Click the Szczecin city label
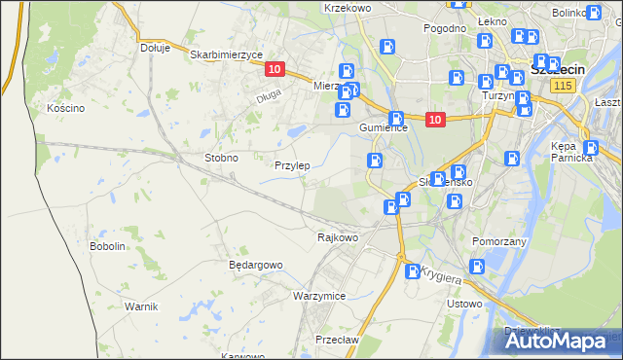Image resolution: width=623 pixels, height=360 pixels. pyautogui.click(x=555, y=71)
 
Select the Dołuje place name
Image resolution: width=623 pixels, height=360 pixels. pyautogui.click(x=155, y=47)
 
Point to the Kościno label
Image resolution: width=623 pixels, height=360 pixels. pyautogui.click(x=66, y=108)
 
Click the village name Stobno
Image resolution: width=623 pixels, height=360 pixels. pyautogui.click(x=221, y=158)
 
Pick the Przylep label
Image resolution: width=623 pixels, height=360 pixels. pyautogui.click(x=292, y=165)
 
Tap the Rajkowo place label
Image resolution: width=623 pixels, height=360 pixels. pyautogui.click(x=338, y=236)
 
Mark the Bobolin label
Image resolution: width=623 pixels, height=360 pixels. pyautogui.click(x=108, y=247)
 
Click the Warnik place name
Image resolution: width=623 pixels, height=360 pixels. pyautogui.click(x=141, y=306)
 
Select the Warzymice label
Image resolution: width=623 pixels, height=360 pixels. pyautogui.click(x=319, y=295)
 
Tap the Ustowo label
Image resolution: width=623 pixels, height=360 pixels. pyautogui.click(x=463, y=304)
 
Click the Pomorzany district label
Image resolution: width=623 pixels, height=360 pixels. pyautogui.click(x=498, y=239)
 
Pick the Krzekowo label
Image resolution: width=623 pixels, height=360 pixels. pyautogui.click(x=348, y=8)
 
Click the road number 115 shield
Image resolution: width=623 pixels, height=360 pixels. pyautogui.click(x=561, y=87)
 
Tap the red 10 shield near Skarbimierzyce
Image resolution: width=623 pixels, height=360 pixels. pyautogui.click(x=275, y=69)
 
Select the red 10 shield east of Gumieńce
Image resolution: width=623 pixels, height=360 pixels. pyautogui.click(x=434, y=120)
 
